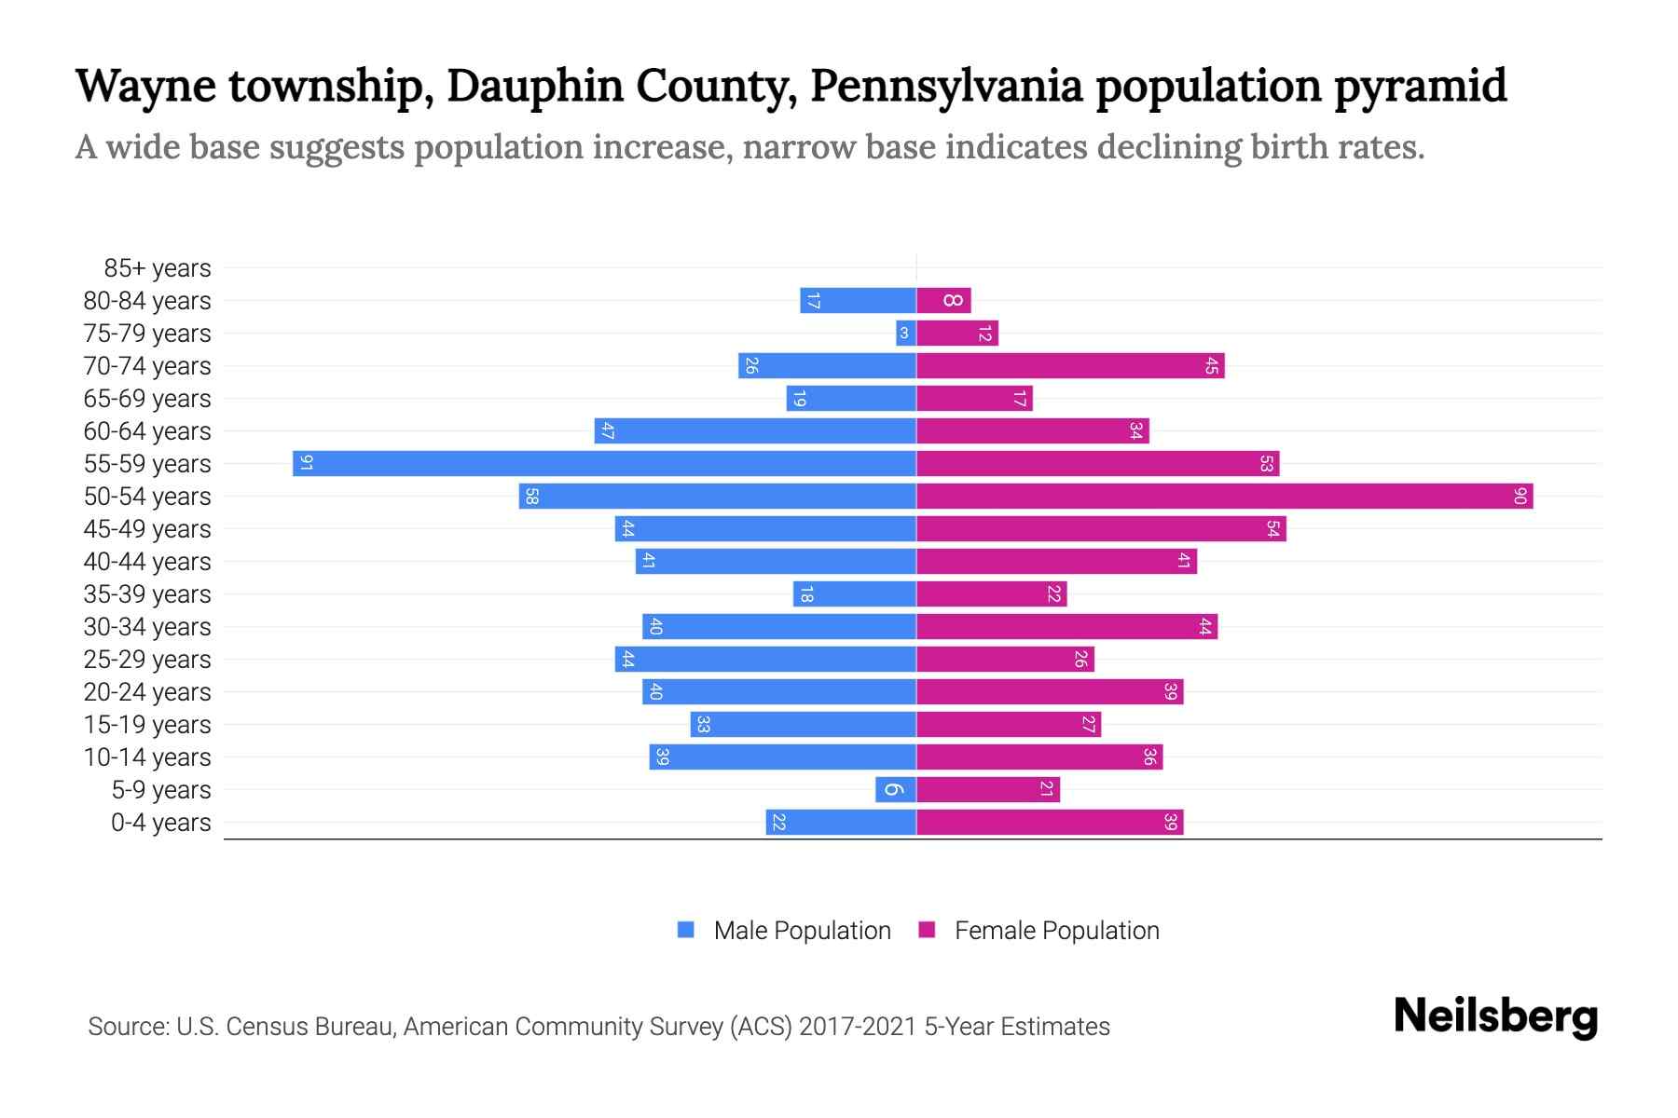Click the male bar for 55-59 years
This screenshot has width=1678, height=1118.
(604, 463)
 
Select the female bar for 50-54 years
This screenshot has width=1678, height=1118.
(1224, 496)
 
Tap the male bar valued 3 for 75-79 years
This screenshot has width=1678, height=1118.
(905, 333)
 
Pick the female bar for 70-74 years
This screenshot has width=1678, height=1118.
(1070, 365)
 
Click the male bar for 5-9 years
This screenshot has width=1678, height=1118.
(895, 789)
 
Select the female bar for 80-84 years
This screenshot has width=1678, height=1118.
(943, 300)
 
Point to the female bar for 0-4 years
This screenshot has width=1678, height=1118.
(1050, 822)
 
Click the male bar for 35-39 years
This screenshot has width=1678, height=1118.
(854, 593)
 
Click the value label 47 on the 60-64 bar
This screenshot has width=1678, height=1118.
(607, 430)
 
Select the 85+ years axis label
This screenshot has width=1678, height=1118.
(158, 268)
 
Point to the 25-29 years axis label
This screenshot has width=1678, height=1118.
(147, 660)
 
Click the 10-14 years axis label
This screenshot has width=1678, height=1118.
(147, 757)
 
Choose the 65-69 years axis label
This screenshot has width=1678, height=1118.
(147, 399)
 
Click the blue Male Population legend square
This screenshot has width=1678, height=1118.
(686, 930)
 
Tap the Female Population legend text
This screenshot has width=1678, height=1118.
(1056, 930)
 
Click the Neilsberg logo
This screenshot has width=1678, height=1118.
(1495, 1016)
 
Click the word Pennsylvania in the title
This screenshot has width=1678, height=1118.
(946, 86)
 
